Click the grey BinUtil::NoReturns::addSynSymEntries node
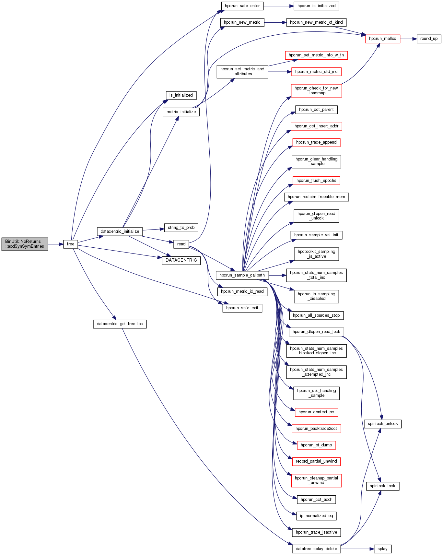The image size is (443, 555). point(25,244)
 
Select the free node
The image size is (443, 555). point(70,244)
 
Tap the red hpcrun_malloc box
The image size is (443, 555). point(382,39)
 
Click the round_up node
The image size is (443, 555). point(428,39)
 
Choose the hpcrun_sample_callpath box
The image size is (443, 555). point(242,275)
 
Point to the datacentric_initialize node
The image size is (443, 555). point(120,231)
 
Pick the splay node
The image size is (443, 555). point(382,549)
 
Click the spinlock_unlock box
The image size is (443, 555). point(382,424)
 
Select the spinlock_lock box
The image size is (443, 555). point(382,486)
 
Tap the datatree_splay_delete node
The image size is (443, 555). point(316,549)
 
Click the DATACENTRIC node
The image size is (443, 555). point(181,260)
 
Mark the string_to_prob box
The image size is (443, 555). point(181,228)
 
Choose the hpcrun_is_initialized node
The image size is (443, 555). point(316,6)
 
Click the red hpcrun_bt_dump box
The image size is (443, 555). point(316,445)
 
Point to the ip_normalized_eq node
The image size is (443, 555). point(316,516)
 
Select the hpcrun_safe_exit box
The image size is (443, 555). point(242,308)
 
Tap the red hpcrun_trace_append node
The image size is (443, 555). point(316,142)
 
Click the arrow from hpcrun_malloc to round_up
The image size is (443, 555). point(408,39)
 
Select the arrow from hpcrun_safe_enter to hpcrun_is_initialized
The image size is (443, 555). point(278,6)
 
